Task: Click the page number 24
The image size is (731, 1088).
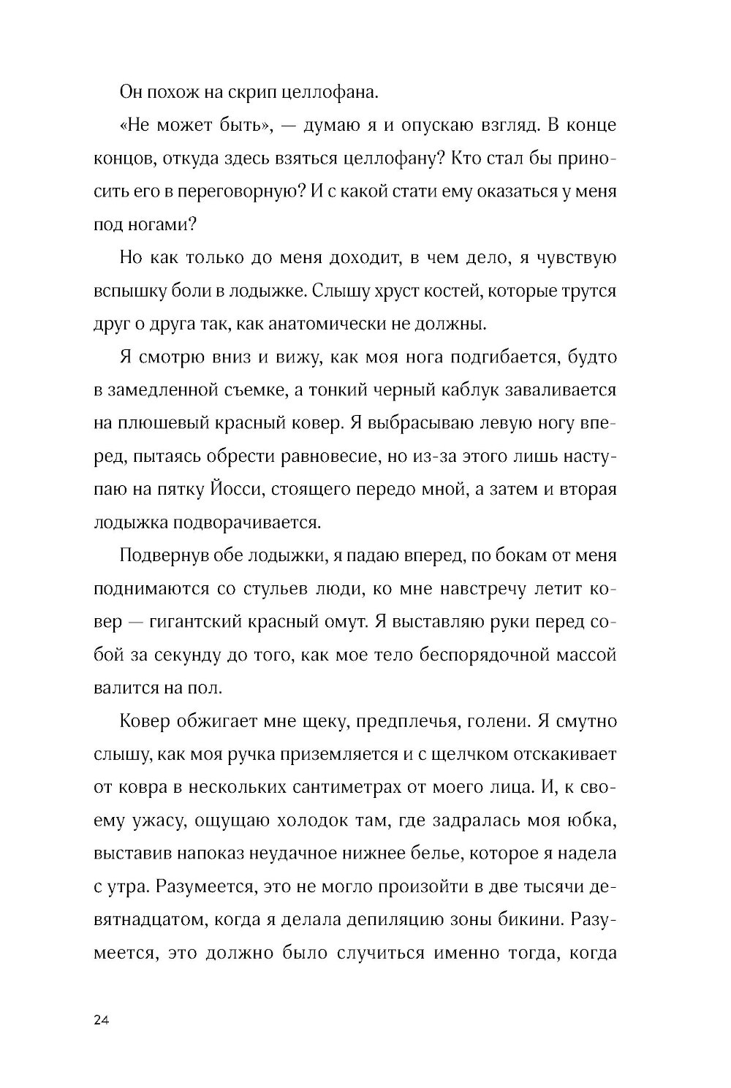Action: tap(102, 1022)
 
